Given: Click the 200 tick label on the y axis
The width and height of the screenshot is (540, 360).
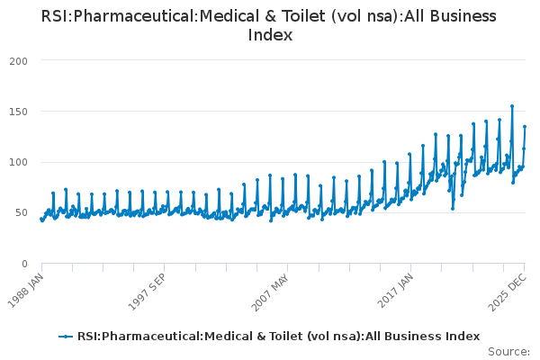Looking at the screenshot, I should coord(18,60).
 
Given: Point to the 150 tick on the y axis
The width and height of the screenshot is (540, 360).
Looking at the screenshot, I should coord(18,112).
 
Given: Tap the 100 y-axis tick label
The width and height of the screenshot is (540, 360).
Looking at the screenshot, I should coord(18,162).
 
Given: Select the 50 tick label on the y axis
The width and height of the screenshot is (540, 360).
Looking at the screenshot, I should coord(21,213).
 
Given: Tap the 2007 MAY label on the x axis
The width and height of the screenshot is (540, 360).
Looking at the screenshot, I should coord(272,287).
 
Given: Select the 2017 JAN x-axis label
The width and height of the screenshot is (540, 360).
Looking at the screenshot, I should coord(396,287).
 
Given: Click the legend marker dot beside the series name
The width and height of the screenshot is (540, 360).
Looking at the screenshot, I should coord(66,337).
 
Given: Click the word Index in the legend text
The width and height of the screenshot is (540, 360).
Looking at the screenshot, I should coord(462,337).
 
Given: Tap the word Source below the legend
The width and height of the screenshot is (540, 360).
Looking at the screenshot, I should coord(507,351).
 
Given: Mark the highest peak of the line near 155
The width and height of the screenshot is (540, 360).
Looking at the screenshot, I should coord(512,106).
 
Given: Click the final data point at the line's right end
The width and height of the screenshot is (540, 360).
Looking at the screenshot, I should coord(525,127).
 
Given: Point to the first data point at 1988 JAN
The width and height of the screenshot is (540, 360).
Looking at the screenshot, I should coord(40,219).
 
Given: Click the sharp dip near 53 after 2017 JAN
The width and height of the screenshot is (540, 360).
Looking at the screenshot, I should coord(453,209).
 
